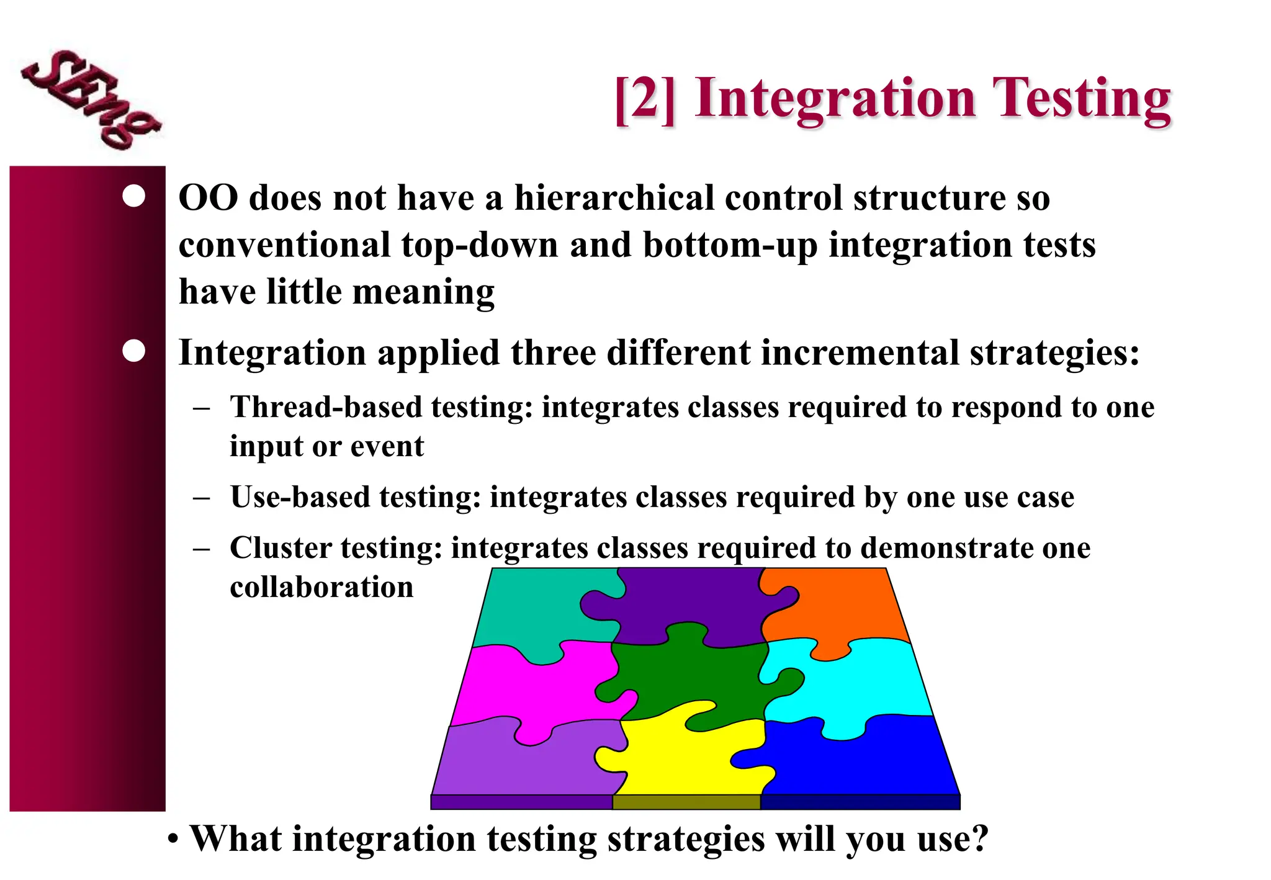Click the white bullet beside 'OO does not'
tap(134, 196)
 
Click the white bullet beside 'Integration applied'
tap(134, 351)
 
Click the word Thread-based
tap(326, 407)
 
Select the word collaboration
tap(321, 587)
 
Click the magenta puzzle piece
tap(528, 689)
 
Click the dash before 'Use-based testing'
tap(201, 498)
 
